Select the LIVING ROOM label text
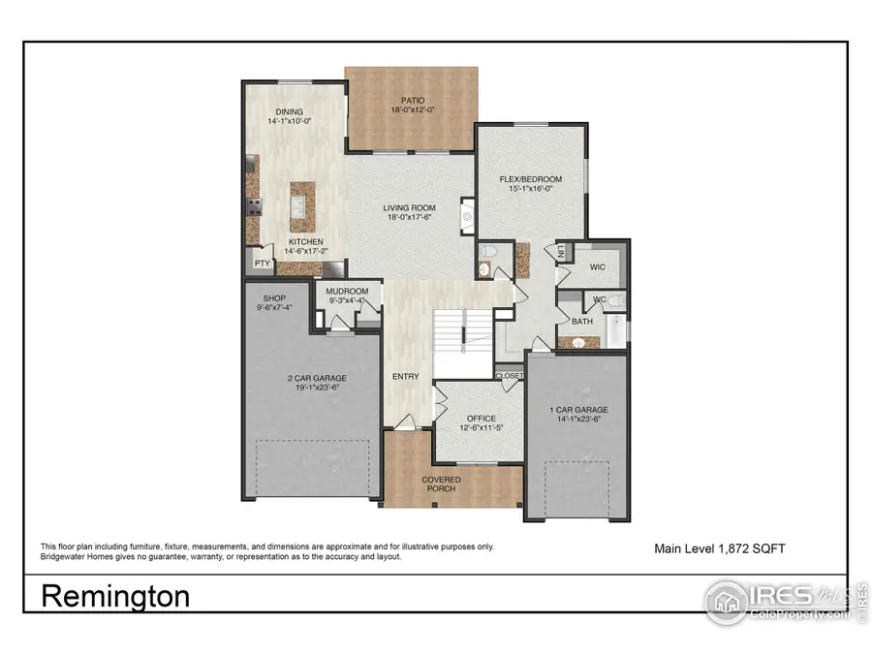[408, 207]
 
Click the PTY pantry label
[262, 263]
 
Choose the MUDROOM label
[347, 291]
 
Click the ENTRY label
[406, 377]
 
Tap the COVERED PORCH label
[441, 484]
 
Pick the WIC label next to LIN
[598, 265]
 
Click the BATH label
[582, 321]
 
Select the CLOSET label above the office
[509, 375]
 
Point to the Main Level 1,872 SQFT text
[719, 548]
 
